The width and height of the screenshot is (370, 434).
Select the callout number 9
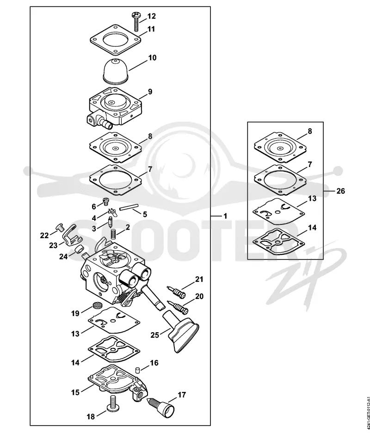click(x=150, y=91)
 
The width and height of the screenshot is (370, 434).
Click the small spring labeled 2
click(x=113, y=235)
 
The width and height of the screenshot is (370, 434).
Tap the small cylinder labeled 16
click(x=137, y=370)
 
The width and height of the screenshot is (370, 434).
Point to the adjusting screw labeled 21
click(x=176, y=292)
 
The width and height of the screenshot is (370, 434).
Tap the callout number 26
click(x=341, y=191)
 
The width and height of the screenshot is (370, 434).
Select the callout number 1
click(x=225, y=216)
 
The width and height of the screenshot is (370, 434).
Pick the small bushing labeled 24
click(x=80, y=249)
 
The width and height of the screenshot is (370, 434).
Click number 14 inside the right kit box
click(x=312, y=228)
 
